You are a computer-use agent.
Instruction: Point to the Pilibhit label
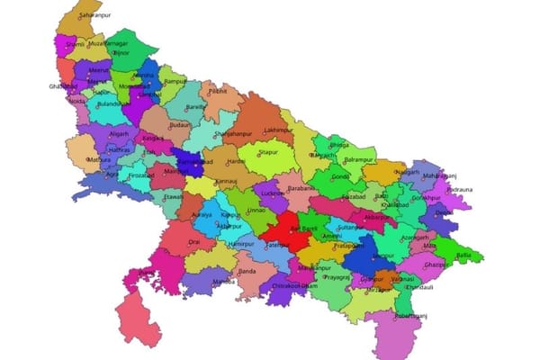point(218,91)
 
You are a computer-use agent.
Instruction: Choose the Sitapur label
point(268,154)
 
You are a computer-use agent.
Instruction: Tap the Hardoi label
point(237,162)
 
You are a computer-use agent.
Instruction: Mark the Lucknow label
point(271,193)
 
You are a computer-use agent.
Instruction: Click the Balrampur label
point(357,159)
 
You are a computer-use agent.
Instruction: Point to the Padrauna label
point(460,190)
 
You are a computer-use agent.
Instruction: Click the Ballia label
point(463,255)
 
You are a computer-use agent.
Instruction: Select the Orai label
point(194,242)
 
